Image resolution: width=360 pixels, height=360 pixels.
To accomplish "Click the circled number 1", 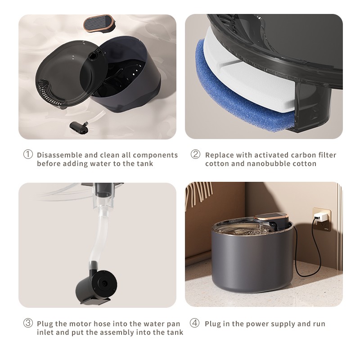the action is tap(28, 154).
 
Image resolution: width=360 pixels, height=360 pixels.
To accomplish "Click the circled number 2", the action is tap(195, 154).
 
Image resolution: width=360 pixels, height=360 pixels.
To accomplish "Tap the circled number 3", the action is tap(28, 323).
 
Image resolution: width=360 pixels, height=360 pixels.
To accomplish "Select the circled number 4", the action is tap(195, 323).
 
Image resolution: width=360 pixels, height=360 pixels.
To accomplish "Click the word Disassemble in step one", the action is tap(60, 155).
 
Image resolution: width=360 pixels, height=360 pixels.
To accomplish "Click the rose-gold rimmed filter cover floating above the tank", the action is tap(99, 23).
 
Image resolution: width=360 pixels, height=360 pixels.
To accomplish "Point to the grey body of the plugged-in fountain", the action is tap(252, 262).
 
